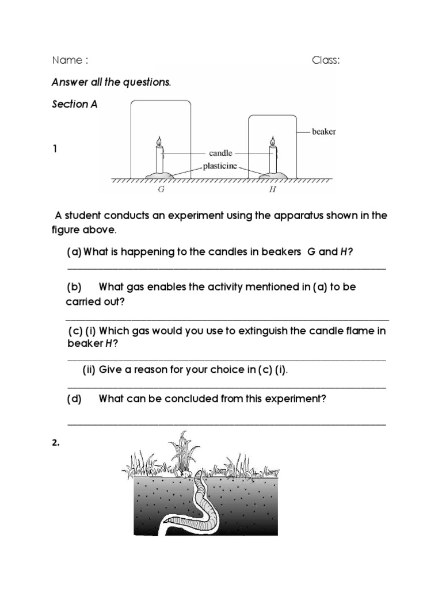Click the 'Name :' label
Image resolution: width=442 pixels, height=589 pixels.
(70, 60)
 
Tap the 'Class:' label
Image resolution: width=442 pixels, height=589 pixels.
(326, 60)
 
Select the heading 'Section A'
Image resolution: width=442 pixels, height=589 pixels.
(74, 104)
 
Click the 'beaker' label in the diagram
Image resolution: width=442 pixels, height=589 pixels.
(323, 132)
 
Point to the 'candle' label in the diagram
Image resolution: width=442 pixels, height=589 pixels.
(220, 153)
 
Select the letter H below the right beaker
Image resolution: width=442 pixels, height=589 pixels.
(273, 189)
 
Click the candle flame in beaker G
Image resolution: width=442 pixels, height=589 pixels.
(159, 141)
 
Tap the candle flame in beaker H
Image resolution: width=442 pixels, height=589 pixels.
(273, 141)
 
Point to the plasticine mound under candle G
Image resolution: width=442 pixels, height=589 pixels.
(159, 174)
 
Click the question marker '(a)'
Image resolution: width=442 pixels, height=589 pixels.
(74, 253)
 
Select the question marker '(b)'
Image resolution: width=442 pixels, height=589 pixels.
(74, 286)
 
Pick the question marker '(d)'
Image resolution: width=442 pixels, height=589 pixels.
(74, 399)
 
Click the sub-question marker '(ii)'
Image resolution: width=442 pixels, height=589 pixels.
(89, 370)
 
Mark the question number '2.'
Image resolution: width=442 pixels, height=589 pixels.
(55, 443)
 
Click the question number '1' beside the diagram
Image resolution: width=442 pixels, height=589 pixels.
(55, 149)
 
